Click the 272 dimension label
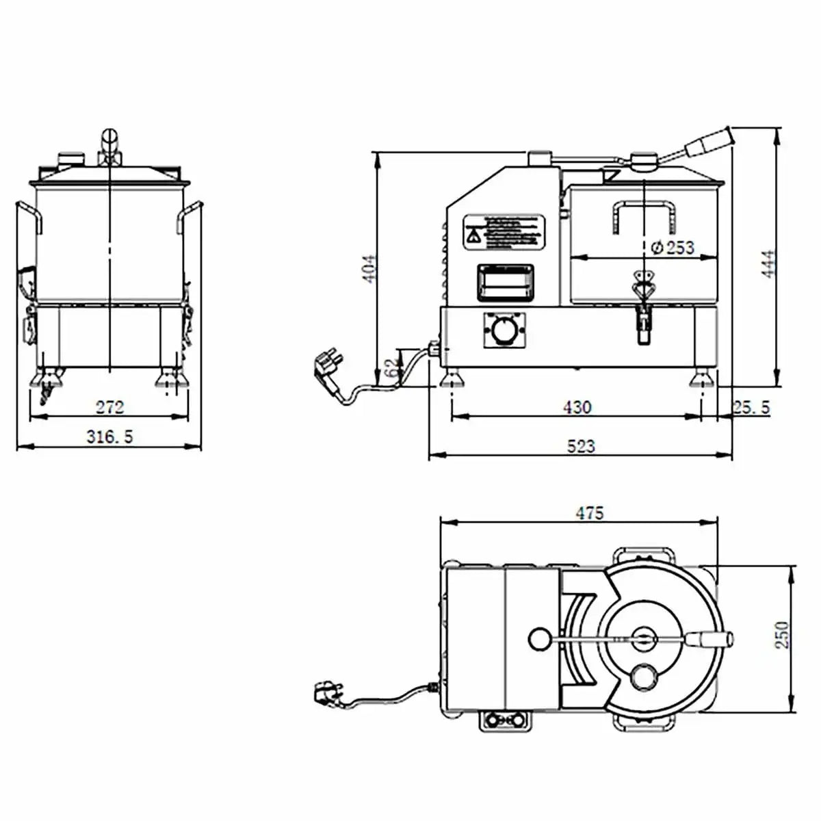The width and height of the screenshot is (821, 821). pyautogui.click(x=109, y=408)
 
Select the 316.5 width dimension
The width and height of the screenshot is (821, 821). pyautogui.click(x=109, y=436)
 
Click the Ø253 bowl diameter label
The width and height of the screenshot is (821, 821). pyautogui.click(x=673, y=248)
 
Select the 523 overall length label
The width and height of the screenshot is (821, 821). pyautogui.click(x=581, y=447)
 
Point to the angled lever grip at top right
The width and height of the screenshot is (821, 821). pyautogui.click(x=708, y=142)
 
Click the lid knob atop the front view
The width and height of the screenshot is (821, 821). pyautogui.click(x=109, y=145)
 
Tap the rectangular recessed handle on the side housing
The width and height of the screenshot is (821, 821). pyautogui.click(x=504, y=281)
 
